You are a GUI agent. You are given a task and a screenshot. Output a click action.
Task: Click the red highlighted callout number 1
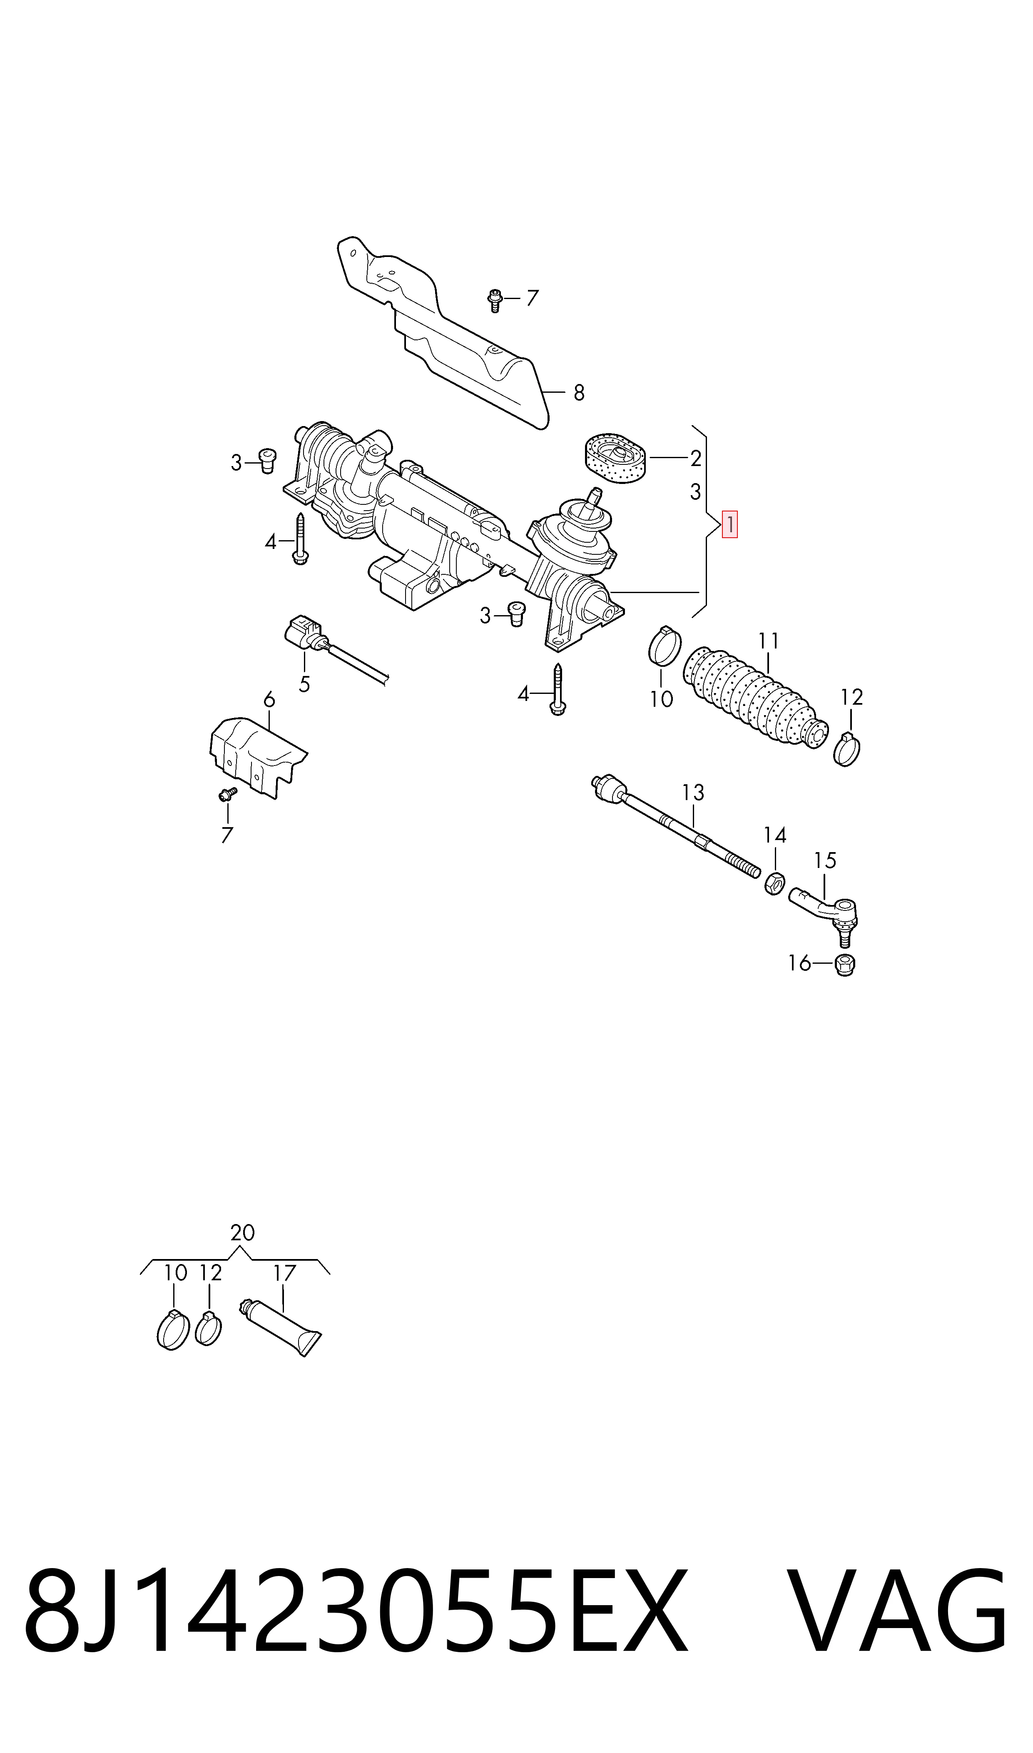coord(729,525)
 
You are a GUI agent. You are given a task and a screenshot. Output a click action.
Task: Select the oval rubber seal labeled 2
coord(615,457)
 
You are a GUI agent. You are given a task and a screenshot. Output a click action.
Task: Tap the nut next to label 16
coord(844,965)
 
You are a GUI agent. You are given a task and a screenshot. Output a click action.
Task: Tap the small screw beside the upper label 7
coord(495,301)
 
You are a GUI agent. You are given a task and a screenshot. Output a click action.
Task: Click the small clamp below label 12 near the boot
coord(846,750)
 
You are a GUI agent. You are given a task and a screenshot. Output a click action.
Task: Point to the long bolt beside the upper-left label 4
coord(300,539)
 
